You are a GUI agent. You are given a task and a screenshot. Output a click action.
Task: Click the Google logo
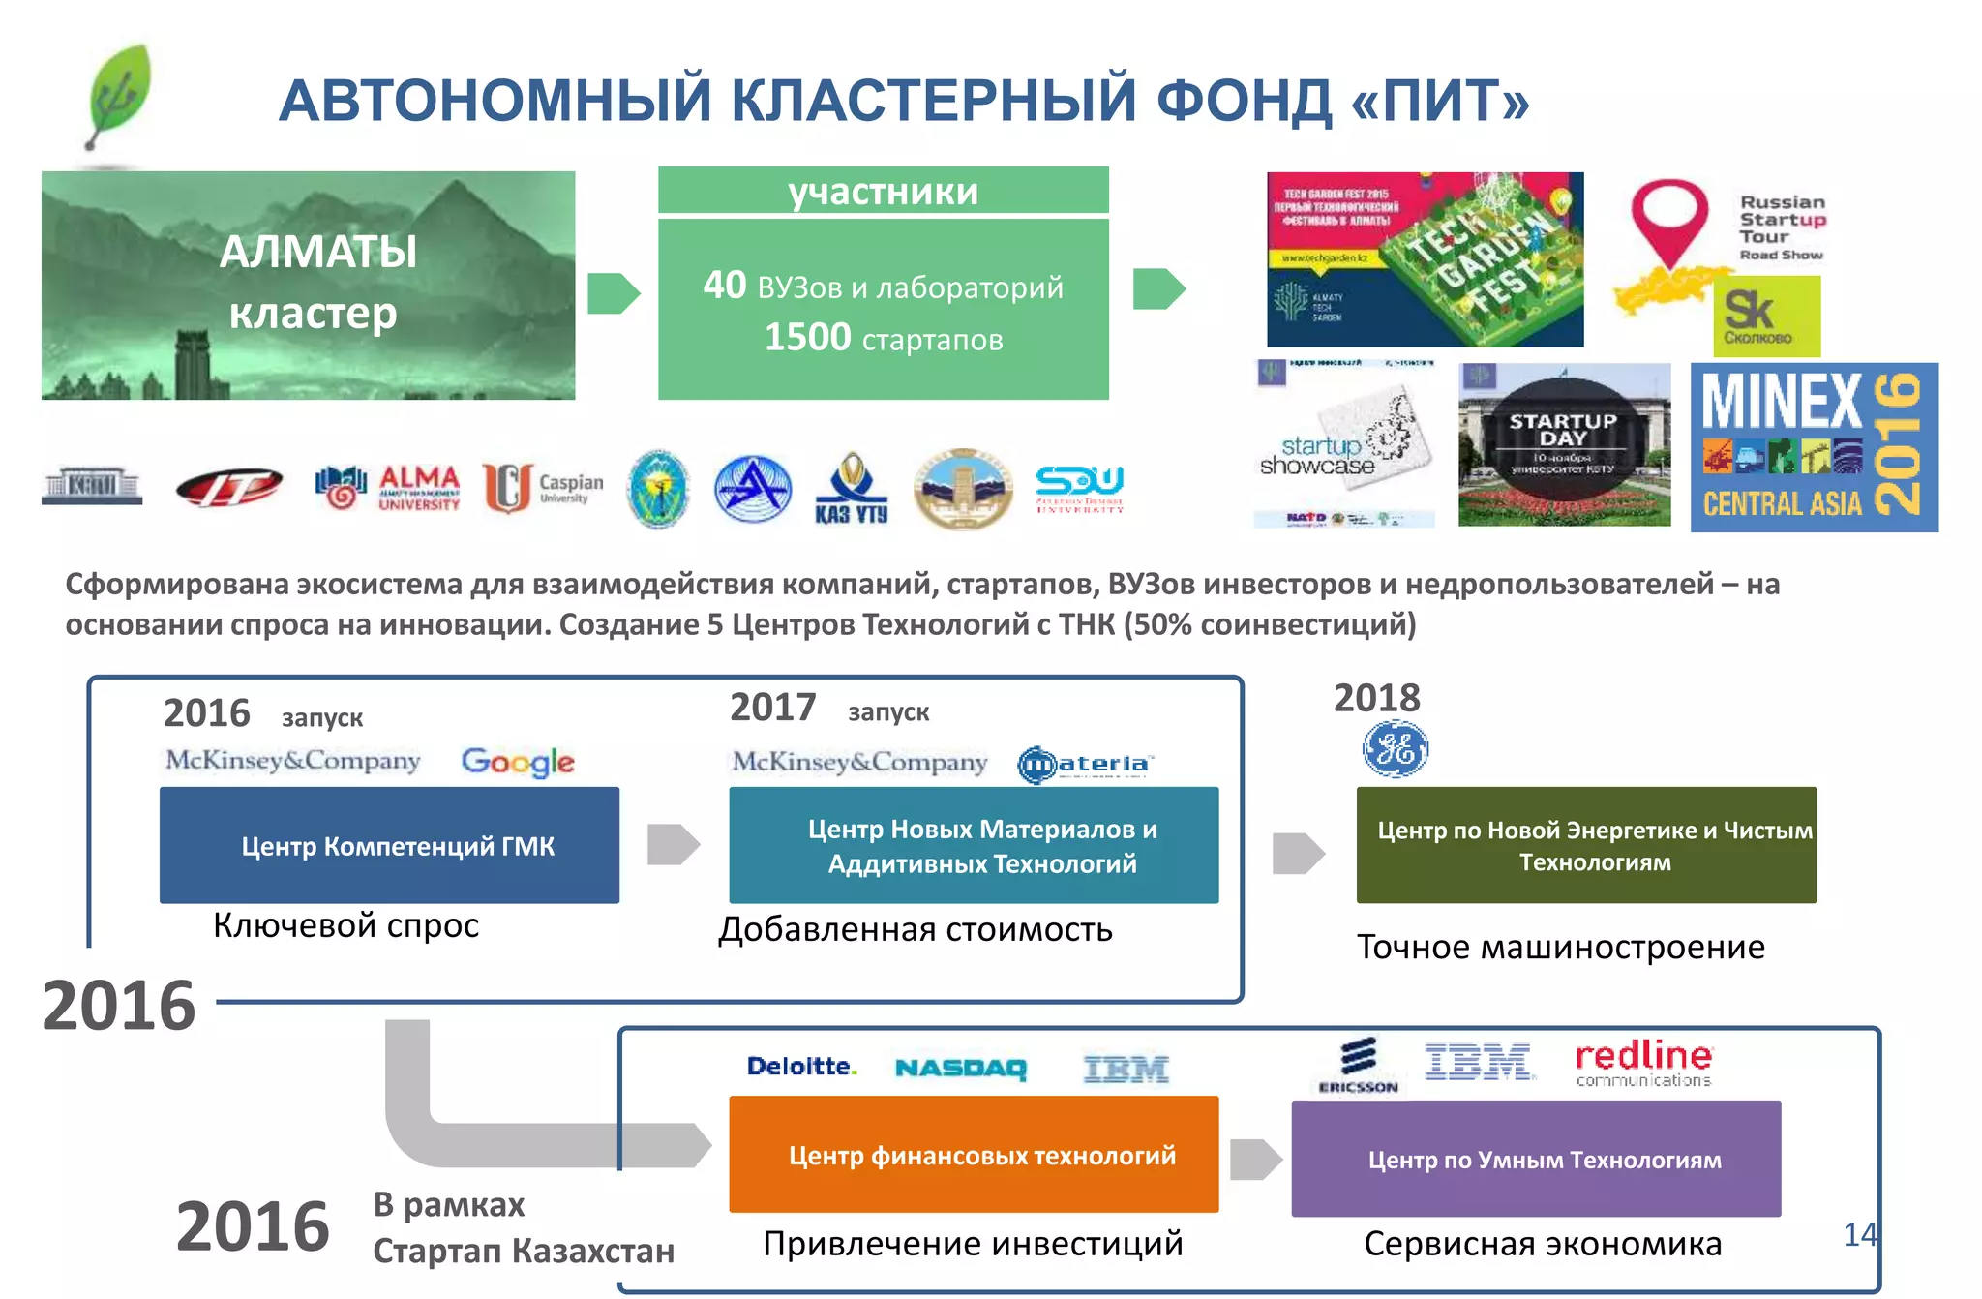tap(518, 762)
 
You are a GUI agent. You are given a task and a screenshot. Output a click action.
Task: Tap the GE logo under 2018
tap(1395, 749)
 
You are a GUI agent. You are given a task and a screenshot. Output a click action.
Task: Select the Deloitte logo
tap(801, 1067)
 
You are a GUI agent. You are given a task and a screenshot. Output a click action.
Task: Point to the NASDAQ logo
tap(960, 1069)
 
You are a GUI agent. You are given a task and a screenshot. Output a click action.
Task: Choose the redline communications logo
tap(1643, 1063)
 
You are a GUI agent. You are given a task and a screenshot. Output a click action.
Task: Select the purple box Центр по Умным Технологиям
tap(1536, 1159)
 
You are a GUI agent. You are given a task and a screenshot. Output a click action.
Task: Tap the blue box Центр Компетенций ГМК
tap(389, 845)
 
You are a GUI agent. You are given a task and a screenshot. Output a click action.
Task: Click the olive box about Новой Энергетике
tap(1586, 845)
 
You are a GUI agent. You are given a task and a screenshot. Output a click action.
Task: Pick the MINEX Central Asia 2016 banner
tap(1814, 447)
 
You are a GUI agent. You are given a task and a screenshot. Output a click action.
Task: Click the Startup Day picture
tap(1564, 445)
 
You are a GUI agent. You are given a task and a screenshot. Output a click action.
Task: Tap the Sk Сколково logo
tap(1766, 316)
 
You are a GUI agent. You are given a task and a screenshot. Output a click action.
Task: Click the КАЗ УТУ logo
tap(851, 488)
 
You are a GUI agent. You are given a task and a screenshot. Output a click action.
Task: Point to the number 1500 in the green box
tap(807, 338)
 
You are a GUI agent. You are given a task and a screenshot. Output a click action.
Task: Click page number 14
tap(1859, 1235)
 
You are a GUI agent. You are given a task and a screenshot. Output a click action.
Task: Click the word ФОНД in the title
tap(1244, 101)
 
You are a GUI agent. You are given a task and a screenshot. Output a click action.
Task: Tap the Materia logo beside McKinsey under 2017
tap(1085, 765)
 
